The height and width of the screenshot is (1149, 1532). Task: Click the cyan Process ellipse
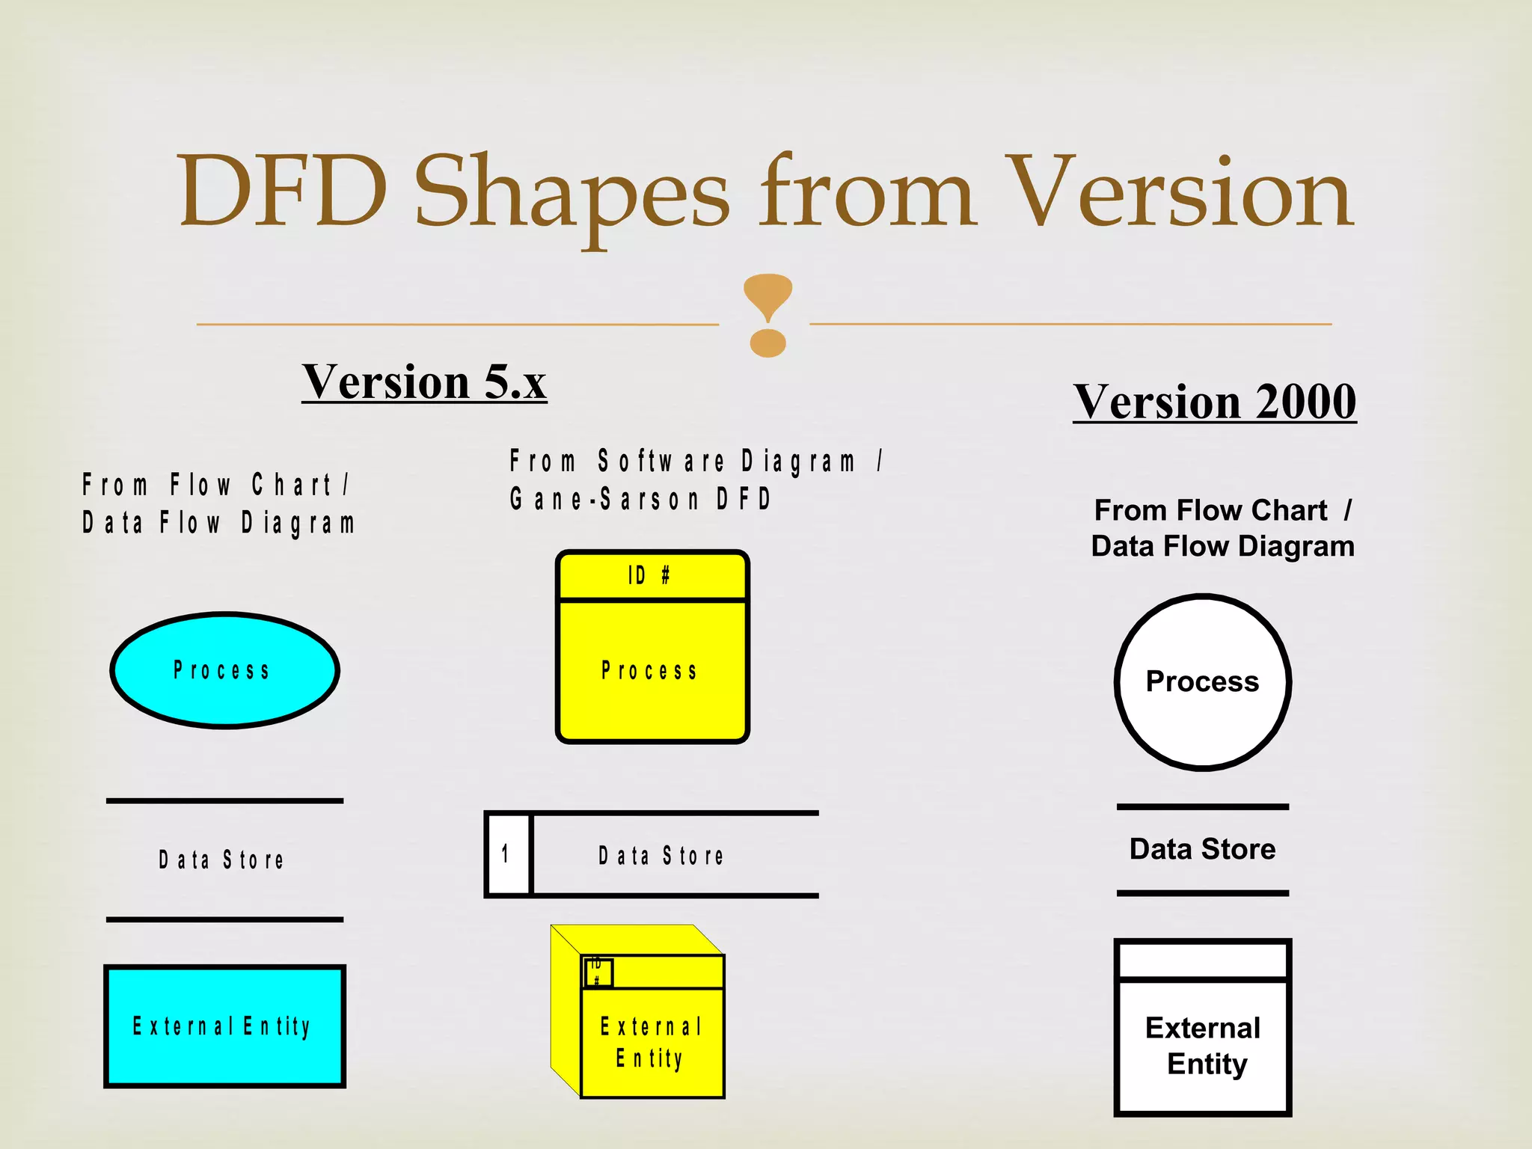click(x=224, y=670)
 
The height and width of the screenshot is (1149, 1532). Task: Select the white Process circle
click(x=1203, y=681)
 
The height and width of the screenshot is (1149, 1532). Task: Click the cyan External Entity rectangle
click(x=224, y=1026)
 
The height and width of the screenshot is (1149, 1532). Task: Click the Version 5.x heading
click(x=424, y=382)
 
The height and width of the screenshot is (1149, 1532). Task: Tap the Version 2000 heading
click(x=1215, y=402)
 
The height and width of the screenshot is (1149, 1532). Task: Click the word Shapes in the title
click(x=572, y=193)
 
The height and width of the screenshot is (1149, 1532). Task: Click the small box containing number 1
click(x=507, y=854)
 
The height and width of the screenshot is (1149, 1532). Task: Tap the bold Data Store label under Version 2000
click(x=1202, y=849)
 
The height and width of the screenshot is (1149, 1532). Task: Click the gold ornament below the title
click(x=767, y=315)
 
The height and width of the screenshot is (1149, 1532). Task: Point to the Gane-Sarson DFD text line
click(x=640, y=499)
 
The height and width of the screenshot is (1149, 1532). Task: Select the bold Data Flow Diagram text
click(x=1222, y=546)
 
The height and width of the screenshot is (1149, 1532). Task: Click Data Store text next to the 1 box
click(x=661, y=855)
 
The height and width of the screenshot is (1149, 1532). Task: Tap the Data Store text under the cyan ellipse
click(x=221, y=860)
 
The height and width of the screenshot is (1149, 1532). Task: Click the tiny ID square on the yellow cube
click(x=597, y=972)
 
